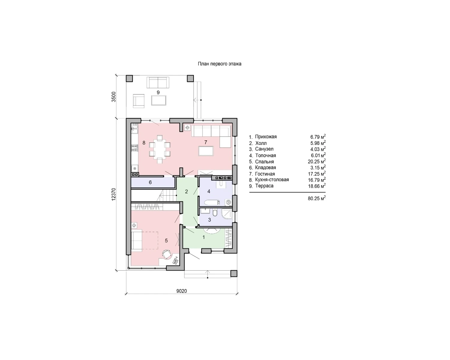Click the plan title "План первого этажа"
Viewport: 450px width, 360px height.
219,64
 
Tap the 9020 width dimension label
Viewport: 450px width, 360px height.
181,291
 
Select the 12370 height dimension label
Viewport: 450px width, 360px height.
113,194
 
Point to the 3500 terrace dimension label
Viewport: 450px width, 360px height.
113,97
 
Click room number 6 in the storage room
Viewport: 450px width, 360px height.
150,182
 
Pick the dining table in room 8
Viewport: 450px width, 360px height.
160,149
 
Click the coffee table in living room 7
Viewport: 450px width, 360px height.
206,151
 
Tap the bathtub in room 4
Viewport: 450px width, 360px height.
212,202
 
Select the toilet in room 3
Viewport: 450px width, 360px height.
215,213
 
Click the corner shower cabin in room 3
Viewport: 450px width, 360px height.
227,214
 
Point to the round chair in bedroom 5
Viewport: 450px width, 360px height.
167,255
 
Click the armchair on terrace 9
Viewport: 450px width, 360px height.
139,101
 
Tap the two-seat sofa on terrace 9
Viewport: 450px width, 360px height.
158,82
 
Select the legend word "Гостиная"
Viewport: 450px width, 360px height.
265,174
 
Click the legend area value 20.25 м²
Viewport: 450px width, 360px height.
316,161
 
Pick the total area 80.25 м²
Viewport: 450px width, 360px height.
316,198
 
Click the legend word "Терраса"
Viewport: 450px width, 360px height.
264,186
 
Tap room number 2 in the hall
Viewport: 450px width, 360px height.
187,191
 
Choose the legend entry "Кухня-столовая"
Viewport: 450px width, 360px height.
272,180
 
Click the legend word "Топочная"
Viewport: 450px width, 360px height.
265,155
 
